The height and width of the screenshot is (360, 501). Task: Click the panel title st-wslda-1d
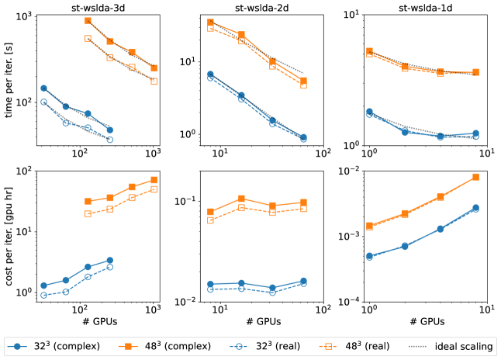[x=424, y=7]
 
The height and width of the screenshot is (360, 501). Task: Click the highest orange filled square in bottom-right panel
[x=475, y=177]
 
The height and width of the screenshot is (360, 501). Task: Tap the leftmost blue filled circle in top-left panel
[x=44, y=88]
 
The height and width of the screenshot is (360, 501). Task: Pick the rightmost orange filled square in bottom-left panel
[x=154, y=180]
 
